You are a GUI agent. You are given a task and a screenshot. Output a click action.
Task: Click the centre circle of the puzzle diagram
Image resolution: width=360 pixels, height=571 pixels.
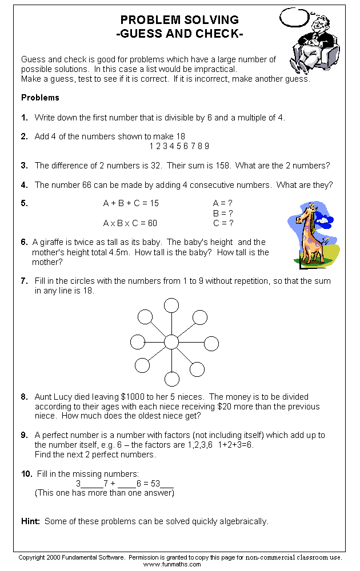click(171, 342)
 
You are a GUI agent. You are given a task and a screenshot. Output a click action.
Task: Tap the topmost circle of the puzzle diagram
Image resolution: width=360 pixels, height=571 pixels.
click(171, 305)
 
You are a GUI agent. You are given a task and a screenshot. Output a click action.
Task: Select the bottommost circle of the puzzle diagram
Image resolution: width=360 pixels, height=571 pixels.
click(171, 379)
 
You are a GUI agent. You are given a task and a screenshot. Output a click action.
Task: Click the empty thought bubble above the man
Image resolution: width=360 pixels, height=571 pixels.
click(296, 17)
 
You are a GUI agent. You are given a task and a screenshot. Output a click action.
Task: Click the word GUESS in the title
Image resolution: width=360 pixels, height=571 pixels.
click(142, 34)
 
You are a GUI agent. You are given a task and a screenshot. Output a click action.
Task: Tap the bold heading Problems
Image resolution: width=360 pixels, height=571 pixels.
click(40, 98)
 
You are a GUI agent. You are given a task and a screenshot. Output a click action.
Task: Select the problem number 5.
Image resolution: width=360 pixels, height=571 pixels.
click(24, 203)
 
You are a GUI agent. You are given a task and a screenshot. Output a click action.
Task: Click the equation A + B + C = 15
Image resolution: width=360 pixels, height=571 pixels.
click(131, 203)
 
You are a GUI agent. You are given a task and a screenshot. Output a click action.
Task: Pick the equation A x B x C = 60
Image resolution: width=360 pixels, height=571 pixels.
click(130, 223)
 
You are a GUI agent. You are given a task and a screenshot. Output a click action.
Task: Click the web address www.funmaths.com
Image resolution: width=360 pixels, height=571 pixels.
click(172, 564)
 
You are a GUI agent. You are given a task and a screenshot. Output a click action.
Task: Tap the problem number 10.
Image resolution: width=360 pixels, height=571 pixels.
click(26, 474)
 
